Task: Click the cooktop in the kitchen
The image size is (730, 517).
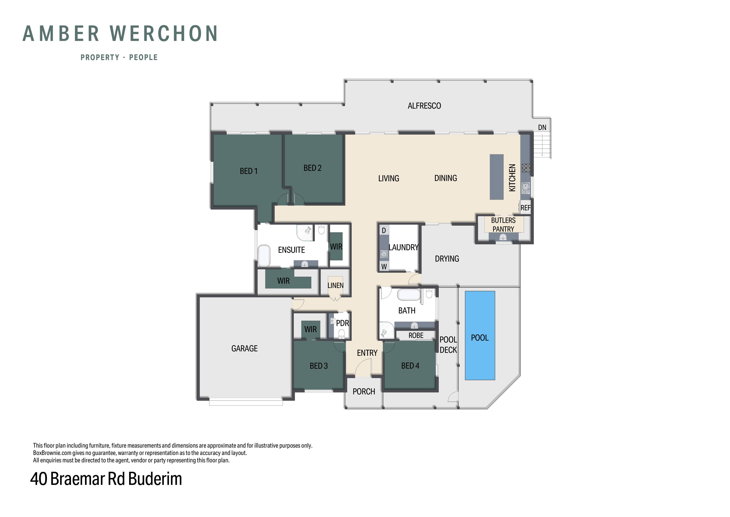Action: pos(526,168)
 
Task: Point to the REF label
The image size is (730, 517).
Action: pos(526,208)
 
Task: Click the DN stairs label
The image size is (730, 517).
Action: pos(542,127)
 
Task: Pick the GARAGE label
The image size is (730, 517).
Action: pos(244,349)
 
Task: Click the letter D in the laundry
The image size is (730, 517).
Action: pos(384,230)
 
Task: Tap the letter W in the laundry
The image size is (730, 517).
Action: pos(384,267)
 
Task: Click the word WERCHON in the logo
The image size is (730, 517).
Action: pos(164,34)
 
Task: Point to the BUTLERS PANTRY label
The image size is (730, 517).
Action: pos(503,225)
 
